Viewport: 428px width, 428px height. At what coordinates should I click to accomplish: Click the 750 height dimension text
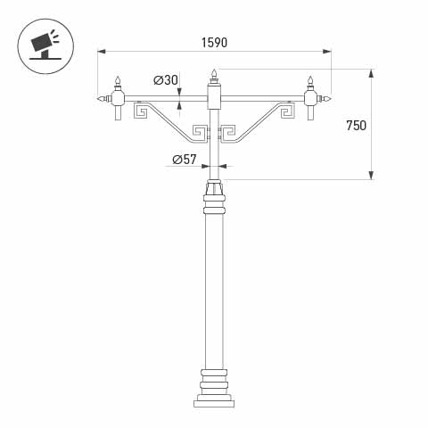(x=356, y=126)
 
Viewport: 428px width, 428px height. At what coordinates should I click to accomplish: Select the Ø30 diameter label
(x=166, y=80)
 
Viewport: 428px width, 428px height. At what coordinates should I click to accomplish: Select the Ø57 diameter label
(x=184, y=160)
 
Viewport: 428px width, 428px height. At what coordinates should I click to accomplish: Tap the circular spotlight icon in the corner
(x=42, y=42)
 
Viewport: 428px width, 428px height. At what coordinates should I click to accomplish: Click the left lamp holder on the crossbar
(x=116, y=98)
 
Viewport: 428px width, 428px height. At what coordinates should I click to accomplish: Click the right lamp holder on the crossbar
(x=311, y=98)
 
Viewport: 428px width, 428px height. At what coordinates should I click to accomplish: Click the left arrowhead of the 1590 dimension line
(x=100, y=51)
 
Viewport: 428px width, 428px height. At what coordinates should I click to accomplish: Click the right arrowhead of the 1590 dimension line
(x=329, y=51)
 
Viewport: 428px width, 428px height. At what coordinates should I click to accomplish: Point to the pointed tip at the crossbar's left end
(x=98, y=97)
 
